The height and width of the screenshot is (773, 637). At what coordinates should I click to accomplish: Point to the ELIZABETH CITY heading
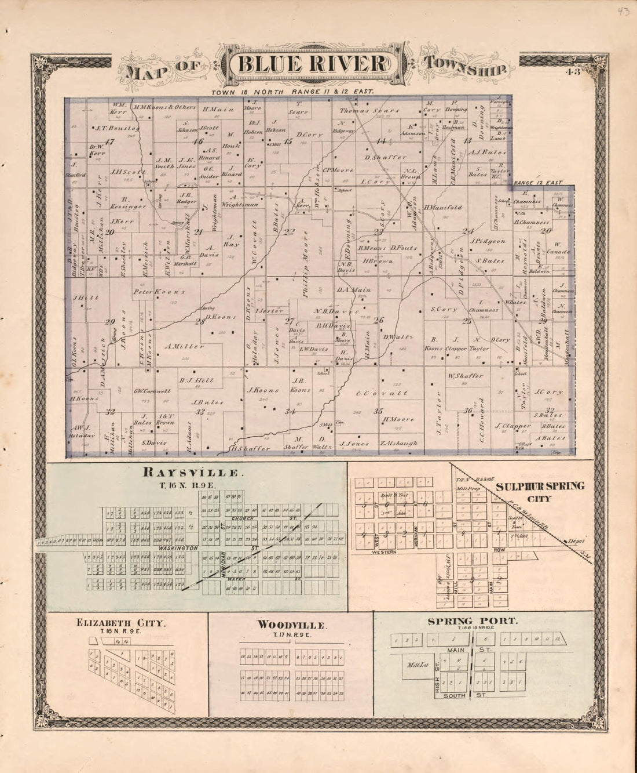click(x=121, y=623)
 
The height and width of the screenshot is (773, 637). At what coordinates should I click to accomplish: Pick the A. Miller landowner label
click(x=184, y=346)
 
